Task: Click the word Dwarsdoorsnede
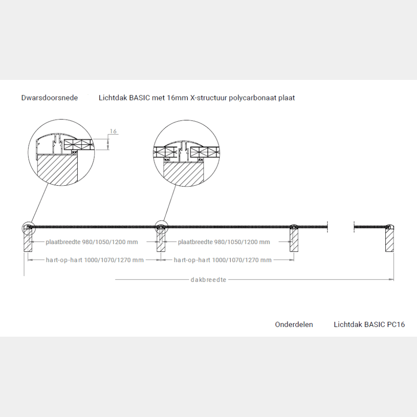tap(50, 98)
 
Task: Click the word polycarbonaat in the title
tap(253, 98)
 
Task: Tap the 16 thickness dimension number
tap(113, 131)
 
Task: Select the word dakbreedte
tap(208, 280)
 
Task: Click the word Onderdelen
tap(294, 324)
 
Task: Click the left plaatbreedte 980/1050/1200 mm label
tap(92, 242)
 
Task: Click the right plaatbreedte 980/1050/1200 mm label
tap(224, 242)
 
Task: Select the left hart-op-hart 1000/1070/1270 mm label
tap(95, 260)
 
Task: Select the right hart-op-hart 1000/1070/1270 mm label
tap(223, 260)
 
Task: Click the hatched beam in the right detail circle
tap(183, 173)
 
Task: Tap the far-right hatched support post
tap(390, 240)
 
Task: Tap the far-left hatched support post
tap(28, 240)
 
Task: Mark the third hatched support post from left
tap(294, 240)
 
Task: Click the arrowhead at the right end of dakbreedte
tap(391, 280)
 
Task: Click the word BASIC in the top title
tap(140, 98)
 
